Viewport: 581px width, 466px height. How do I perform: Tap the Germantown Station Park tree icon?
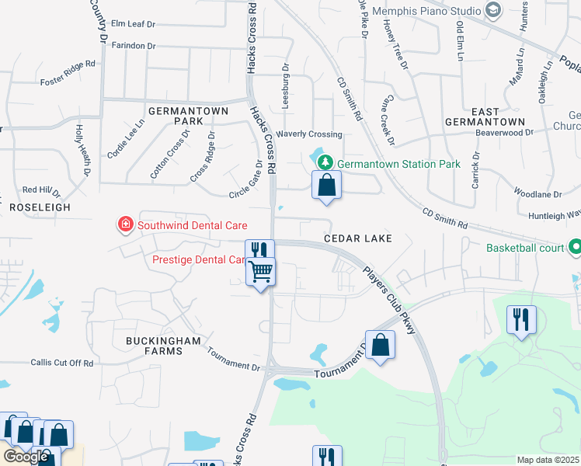(x=325, y=162)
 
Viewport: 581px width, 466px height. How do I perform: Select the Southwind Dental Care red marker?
(x=124, y=225)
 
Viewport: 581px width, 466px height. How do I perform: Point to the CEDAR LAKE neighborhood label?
(x=357, y=238)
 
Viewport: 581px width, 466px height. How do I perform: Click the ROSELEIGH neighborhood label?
(x=40, y=207)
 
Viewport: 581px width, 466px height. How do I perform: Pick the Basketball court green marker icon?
(x=574, y=248)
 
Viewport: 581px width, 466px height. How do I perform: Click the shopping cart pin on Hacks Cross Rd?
(x=261, y=272)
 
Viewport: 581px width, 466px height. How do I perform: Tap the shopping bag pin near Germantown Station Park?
(x=327, y=186)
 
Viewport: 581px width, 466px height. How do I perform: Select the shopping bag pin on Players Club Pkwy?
(x=380, y=345)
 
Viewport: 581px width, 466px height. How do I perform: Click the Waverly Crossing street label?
(x=314, y=134)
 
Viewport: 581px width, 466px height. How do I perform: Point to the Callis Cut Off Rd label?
(x=62, y=363)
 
